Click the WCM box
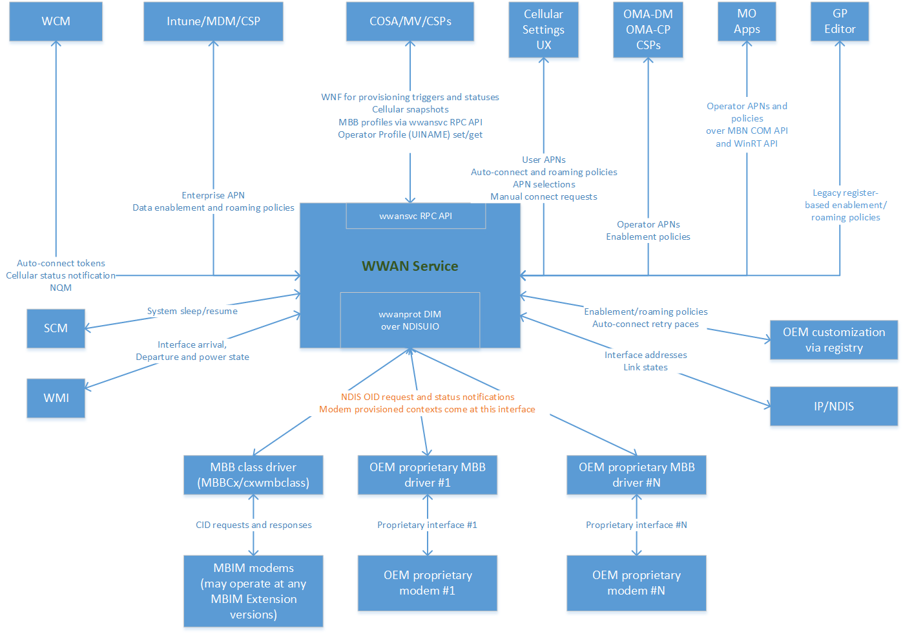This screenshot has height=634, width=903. pyautogui.click(x=56, y=21)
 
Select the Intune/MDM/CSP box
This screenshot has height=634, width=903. pyautogui.click(x=213, y=21)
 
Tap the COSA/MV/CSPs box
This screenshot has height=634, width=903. pyautogui.click(x=410, y=21)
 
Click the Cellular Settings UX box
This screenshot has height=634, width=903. pyautogui.click(x=543, y=30)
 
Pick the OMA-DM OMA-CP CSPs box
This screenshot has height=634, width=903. pyautogui.click(x=648, y=30)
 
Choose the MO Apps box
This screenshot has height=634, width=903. pyautogui.click(x=747, y=21)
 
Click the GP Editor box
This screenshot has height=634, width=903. pyautogui.click(x=840, y=21)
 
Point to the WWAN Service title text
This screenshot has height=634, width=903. pyautogui.click(x=410, y=266)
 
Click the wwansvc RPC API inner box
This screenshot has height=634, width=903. pyautogui.click(x=415, y=216)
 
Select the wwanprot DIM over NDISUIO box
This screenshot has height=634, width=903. pyautogui.click(x=410, y=320)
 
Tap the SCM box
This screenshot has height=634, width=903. pyautogui.click(x=56, y=328)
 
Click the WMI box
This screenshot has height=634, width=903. pyautogui.click(x=56, y=398)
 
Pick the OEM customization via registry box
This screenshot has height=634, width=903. pyautogui.click(x=834, y=340)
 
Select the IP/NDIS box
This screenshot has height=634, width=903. pyautogui.click(x=834, y=407)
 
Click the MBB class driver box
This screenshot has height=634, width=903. pyautogui.click(x=253, y=475)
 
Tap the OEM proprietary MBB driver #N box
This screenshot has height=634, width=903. pyautogui.click(x=636, y=475)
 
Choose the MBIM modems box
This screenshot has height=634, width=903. pyautogui.click(x=253, y=591)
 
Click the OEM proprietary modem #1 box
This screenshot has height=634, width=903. pyautogui.click(x=428, y=583)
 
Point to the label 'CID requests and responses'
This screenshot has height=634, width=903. pyautogui.click(x=254, y=525)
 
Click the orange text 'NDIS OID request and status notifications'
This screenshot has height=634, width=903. pyautogui.click(x=428, y=397)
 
